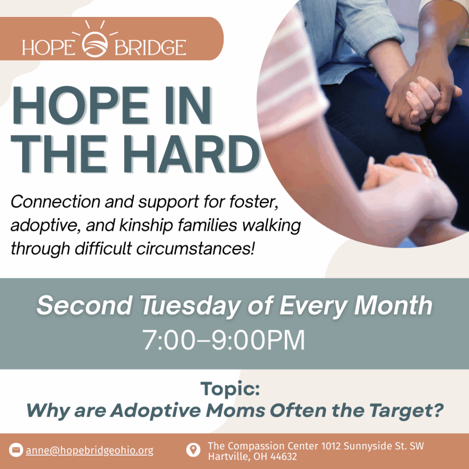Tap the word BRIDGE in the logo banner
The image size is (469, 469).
coord(150,48)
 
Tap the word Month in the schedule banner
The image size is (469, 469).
coord(393,305)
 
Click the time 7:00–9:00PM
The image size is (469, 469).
coord(224,340)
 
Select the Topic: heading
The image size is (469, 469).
coord(230,389)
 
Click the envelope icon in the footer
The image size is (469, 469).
coord(16,450)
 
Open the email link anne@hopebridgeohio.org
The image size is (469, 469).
coord(89,451)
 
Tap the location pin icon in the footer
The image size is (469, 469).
coord(193,450)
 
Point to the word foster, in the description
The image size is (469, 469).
coord(254,202)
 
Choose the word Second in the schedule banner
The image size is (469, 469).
coord(84,305)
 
